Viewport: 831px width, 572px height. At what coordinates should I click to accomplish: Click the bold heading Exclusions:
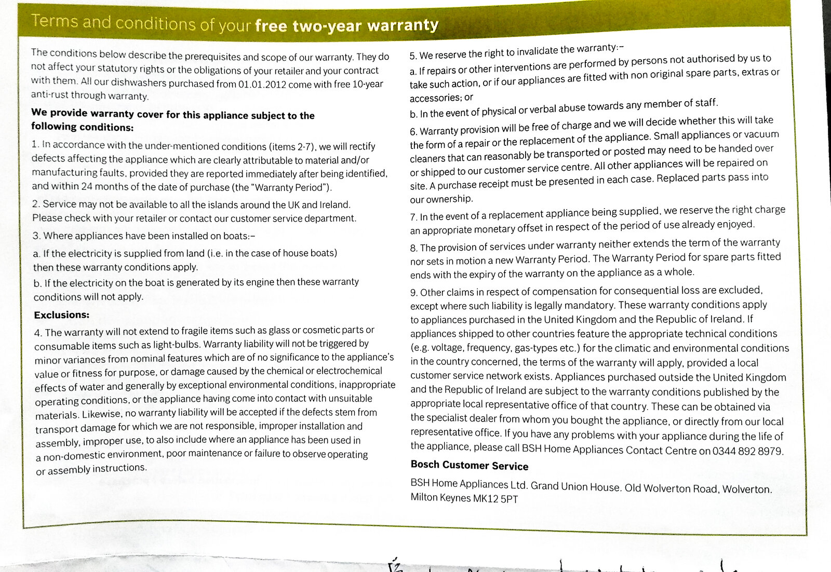coord(62,315)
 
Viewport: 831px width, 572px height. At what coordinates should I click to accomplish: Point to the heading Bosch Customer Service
coord(469,466)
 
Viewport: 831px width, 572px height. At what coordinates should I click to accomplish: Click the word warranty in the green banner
coord(403,25)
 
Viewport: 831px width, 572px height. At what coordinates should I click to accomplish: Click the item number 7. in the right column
coord(413,217)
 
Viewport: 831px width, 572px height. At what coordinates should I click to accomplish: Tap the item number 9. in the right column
coord(414,292)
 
